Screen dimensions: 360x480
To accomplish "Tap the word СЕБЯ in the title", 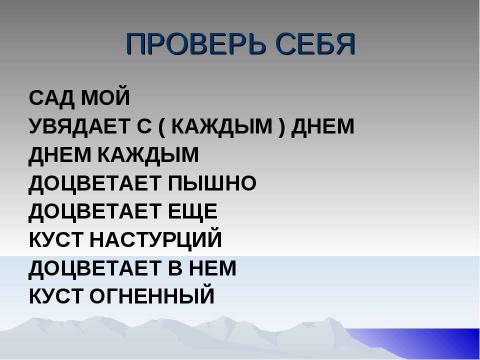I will coord(317,46).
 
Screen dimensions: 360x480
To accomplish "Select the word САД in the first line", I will coord(50,99).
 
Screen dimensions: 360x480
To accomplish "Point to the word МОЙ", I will coord(106,99).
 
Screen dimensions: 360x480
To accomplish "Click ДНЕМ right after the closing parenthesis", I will coord(323,128).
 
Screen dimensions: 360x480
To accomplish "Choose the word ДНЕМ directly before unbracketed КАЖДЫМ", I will coord(59,156).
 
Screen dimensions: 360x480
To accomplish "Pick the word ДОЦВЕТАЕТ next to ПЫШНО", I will coord(90,184).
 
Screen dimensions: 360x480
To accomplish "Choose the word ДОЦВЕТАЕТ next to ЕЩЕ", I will coord(90,212).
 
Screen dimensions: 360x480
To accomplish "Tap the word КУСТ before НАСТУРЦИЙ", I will coord(57,241).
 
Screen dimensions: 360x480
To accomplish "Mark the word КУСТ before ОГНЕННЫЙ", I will coord(57,297).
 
